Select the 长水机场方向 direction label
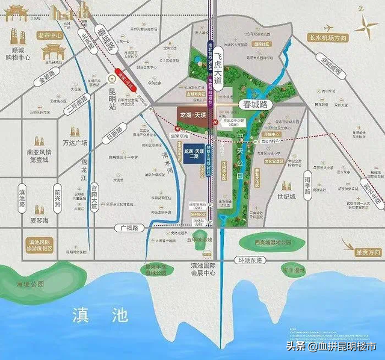[328, 38]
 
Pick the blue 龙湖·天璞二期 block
[192, 155]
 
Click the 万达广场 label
[76, 143]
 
